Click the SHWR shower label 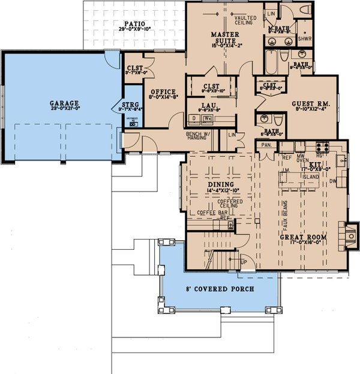pos(305,40)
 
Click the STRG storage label pos(130,105)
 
